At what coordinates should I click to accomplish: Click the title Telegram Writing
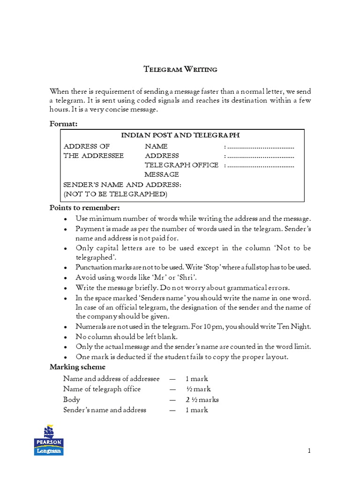coord(180,69)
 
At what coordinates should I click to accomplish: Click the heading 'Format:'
coord(63,124)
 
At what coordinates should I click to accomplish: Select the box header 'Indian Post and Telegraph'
coord(180,135)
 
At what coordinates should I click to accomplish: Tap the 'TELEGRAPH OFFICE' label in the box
coord(181,165)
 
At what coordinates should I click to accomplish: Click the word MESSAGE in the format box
coord(162,174)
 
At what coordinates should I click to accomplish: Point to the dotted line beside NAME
coord(260,146)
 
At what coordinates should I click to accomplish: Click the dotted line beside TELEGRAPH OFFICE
coord(260,165)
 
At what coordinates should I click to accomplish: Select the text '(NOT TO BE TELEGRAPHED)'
coord(115,194)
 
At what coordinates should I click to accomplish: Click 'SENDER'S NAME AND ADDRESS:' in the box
coord(122,185)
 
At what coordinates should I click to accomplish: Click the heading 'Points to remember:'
coord(85,208)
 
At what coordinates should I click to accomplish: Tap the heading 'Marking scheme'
coord(77,367)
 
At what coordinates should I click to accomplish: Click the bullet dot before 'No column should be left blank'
coord(66,337)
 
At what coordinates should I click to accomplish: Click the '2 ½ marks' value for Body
coord(202,400)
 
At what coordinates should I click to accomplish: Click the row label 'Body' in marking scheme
coord(72,400)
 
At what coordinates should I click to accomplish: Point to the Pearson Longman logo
coord(48,440)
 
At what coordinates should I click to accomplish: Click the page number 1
coord(309,451)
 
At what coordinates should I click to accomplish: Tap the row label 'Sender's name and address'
coord(105,410)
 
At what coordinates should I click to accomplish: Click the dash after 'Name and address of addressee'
coord(173,379)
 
